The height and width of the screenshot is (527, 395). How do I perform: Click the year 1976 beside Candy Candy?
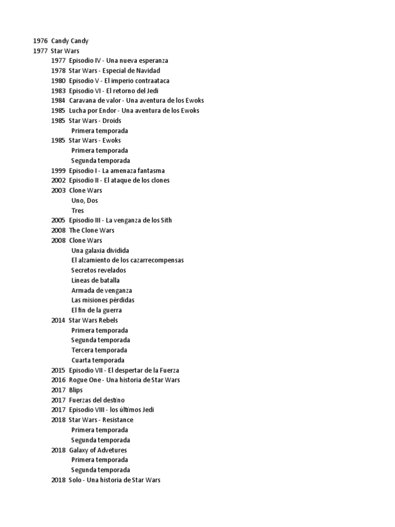40,41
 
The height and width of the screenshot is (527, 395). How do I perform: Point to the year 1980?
58,81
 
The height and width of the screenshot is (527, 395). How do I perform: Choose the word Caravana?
82,100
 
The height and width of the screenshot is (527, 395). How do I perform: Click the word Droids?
112,120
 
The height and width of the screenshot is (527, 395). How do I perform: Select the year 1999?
58,170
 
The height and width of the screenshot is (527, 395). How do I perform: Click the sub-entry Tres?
78,210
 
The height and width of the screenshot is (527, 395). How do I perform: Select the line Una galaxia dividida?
100,250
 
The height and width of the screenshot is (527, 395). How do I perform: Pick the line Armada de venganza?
102,290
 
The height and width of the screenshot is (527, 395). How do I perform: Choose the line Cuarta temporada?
98,360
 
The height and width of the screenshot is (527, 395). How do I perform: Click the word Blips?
76,390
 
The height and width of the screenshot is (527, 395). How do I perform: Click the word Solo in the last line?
75,480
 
